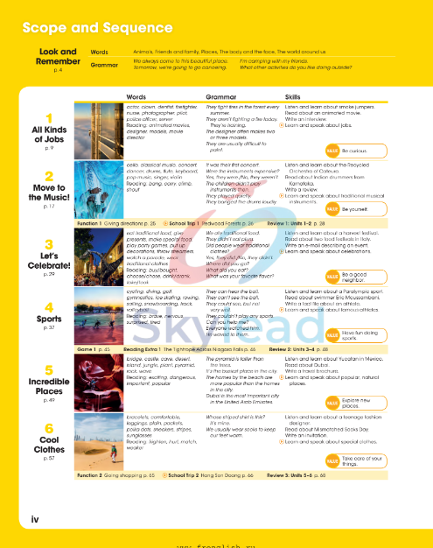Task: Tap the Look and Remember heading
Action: click(x=58, y=57)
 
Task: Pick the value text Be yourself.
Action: click(x=356, y=210)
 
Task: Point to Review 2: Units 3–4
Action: click(x=297, y=348)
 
